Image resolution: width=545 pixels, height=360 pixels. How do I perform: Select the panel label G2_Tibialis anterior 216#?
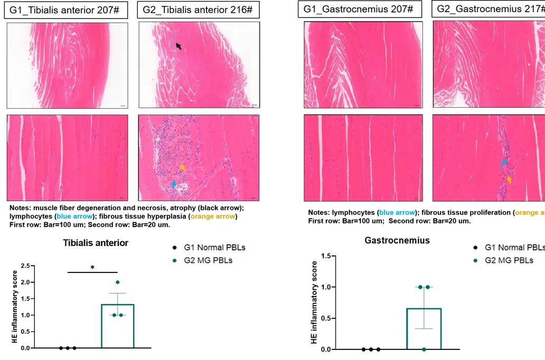point(198,10)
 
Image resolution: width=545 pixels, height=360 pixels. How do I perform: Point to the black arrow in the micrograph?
point(178,46)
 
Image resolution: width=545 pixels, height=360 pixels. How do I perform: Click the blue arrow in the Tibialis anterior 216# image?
point(174,184)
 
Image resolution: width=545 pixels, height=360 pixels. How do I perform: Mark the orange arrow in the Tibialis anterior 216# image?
point(182,167)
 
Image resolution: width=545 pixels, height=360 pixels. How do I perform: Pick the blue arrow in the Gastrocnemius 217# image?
point(504,162)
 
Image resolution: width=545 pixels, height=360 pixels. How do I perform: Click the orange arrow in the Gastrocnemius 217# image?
point(510,179)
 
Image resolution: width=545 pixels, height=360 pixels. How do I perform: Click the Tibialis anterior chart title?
point(96,243)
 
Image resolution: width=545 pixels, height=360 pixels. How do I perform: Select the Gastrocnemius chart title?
point(397,241)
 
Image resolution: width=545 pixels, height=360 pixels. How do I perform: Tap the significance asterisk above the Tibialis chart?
point(92,268)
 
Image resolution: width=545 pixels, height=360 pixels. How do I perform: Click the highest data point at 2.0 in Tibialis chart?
point(117,282)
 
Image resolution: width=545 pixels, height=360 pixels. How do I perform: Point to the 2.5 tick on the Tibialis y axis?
point(25,266)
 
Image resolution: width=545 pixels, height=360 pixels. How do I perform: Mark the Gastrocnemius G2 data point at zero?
point(424,349)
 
